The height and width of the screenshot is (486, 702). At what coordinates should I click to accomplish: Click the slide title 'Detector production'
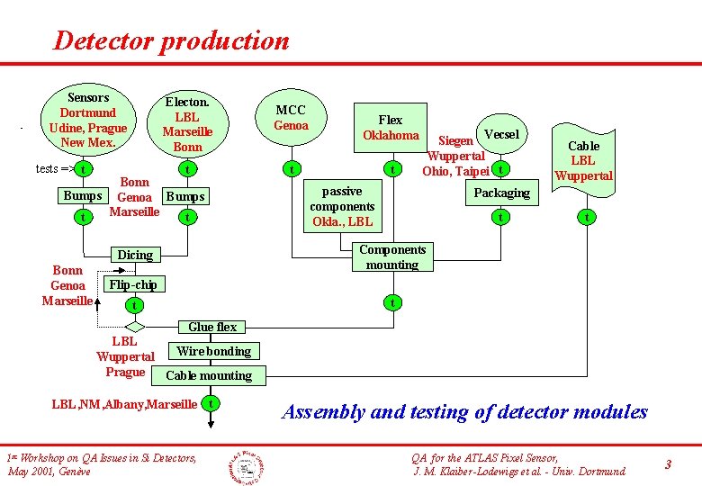171,40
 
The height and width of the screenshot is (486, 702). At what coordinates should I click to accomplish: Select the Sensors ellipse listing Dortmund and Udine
87,119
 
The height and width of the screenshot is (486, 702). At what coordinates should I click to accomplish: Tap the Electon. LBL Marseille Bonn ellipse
187,123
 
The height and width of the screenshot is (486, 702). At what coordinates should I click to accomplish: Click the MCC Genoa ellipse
291,118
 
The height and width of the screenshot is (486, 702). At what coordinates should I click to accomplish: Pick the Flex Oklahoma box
390,127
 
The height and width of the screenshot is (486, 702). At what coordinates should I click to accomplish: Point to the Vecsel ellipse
500,134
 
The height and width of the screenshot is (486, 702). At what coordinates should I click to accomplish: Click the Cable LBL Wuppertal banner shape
583,159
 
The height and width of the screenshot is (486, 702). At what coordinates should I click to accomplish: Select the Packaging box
501,193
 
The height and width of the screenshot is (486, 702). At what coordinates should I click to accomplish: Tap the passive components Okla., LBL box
342,206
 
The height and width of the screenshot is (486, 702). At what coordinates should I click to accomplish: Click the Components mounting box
391,256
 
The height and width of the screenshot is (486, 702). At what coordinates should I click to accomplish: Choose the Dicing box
135,255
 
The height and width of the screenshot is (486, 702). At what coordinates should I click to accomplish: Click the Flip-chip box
133,284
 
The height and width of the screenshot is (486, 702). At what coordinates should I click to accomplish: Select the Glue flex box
212,327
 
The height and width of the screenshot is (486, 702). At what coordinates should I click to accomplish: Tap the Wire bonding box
214,351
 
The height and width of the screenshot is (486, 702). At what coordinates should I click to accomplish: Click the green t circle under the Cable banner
586,216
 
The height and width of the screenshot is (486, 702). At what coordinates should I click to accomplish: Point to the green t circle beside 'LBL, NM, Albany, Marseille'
211,404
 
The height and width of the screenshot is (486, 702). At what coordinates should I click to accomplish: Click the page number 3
668,464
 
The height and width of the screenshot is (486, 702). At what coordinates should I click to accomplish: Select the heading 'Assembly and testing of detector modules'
464,412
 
